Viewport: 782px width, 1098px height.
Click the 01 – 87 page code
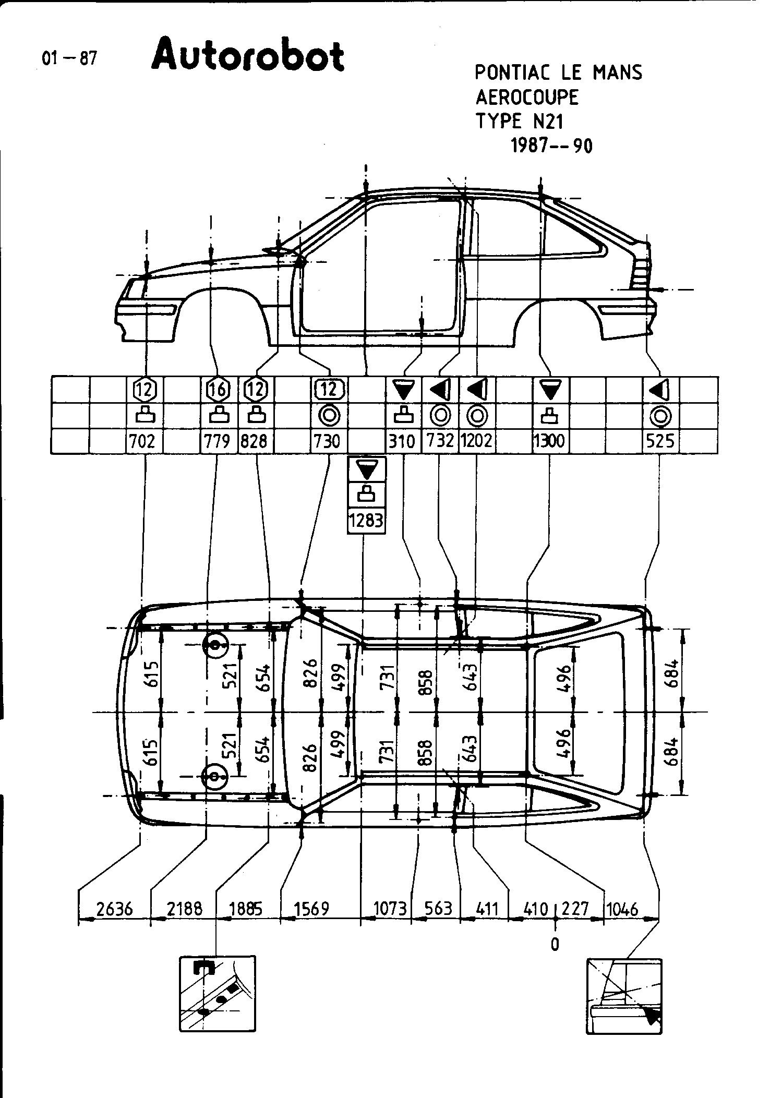click(69, 58)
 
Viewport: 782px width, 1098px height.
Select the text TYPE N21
click(519, 122)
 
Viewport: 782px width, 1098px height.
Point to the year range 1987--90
click(551, 146)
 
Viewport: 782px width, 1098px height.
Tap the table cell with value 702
click(142, 441)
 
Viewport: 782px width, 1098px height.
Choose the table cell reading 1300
click(549, 441)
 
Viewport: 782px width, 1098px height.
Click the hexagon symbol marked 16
click(219, 389)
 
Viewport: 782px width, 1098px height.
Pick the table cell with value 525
click(660, 441)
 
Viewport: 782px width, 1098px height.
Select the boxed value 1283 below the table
click(367, 521)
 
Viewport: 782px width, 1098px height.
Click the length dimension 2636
click(114, 909)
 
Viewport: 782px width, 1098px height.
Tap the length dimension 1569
click(311, 909)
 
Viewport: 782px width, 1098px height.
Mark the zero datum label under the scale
click(555, 944)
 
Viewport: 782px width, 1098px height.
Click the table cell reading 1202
click(477, 441)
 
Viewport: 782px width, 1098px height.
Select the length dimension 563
click(438, 909)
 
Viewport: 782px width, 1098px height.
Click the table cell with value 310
click(402, 441)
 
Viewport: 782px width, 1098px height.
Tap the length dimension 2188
click(184, 909)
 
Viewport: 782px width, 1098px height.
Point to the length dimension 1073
click(390, 909)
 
